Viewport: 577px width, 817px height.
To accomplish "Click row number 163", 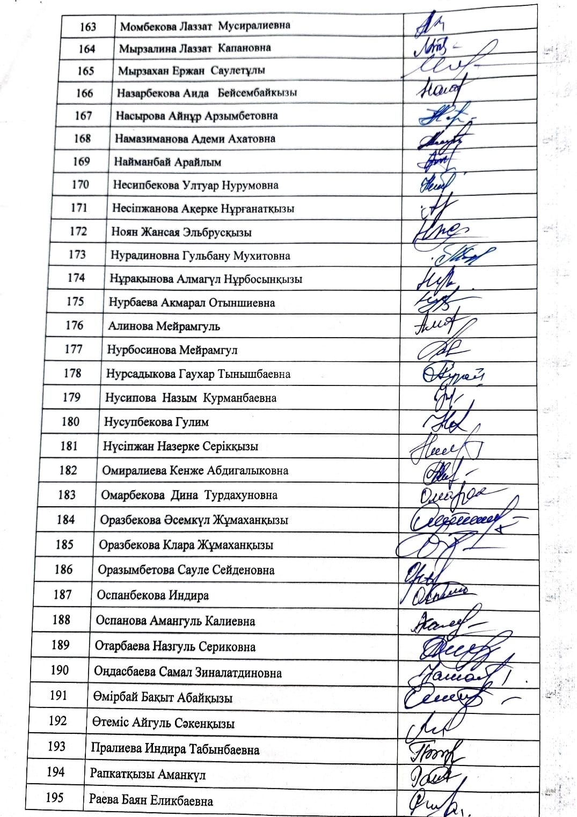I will point(87,26).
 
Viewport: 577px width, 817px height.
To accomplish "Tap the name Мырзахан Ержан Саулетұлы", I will point(192,70).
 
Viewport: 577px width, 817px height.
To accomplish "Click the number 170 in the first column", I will point(80,185).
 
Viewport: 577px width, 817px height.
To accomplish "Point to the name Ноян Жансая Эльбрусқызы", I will point(181,232).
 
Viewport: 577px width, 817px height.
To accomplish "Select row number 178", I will point(72,373).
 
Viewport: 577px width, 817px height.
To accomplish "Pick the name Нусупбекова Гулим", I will point(156,422).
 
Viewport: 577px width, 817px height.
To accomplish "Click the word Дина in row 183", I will point(184,495).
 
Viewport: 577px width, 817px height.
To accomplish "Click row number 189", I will point(60,645).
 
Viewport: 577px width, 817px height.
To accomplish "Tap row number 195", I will point(55,798).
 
